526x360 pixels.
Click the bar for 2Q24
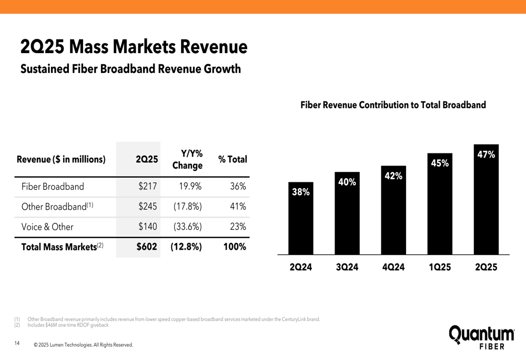[301, 218]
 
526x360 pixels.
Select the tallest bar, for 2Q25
[486, 200]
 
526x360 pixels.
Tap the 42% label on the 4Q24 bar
[393, 176]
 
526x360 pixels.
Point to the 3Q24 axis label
[347, 267]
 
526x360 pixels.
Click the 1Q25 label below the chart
[440, 267]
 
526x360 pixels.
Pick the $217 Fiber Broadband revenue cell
[148, 187]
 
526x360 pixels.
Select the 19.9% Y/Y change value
[187, 187]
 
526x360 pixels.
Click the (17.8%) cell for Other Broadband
[187, 207]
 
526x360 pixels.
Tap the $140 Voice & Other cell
[148, 227]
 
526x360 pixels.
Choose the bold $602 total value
[147, 246]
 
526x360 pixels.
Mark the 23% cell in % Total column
[238, 227]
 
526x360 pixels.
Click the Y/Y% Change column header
[187, 159]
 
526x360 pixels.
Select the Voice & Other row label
[47, 227]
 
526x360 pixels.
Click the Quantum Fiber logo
[481, 336]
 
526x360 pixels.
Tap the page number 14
[17, 344]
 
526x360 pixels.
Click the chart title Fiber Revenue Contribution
[393, 105]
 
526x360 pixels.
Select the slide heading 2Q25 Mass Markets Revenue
[134, 47]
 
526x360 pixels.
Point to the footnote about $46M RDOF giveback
[68, 325]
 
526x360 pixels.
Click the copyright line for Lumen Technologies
[83, 345]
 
